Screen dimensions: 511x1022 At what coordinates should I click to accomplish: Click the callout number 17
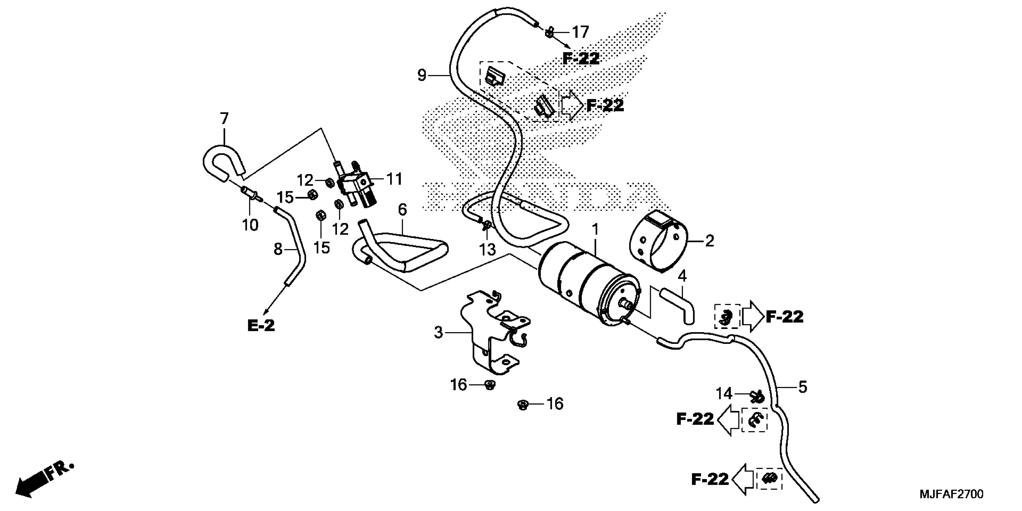pyautogui.click(x=580, y=32)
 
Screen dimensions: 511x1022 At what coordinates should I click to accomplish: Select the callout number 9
pyautogui.click(x=422, y=75)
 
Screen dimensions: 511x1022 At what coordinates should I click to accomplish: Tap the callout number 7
pyautogui.click(x=224, y=118)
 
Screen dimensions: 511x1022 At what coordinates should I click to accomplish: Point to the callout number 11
pyautogui.click(x=394, y=179)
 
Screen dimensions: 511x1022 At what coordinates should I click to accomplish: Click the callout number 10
pyautogui.click(x=250, y=225)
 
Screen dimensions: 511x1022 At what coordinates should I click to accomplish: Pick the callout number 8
pyautogui.click(x=278, y=249)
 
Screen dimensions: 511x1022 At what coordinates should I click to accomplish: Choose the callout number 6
pyautogui.click(x=402, y=210)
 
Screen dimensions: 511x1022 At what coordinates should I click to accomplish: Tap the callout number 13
pyautogui.click(x=487, y=249)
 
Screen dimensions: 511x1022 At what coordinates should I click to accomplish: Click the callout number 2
pyautogui.click(x=709, y=241)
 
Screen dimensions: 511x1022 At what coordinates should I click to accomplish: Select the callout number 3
pyautogui.click(x=438, y=332)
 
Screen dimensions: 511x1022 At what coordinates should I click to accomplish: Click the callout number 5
pyautogui.click(x=802, y=387)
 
